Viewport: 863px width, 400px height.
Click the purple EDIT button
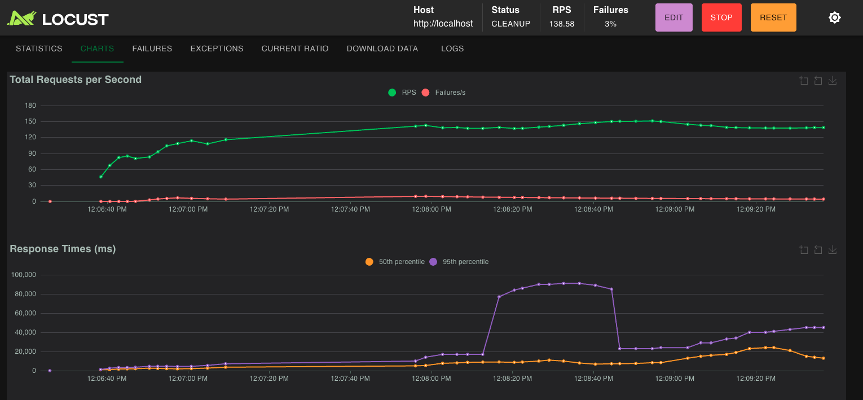click(x=673, y=17)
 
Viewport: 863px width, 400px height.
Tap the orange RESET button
click(x=773, y=17)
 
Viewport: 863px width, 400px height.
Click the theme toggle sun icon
click(x=835, y=17)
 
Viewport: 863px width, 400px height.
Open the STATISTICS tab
click(x=39, y=49)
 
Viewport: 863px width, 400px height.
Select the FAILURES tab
click(x=152, y=49)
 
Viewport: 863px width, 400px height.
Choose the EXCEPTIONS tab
click(x=217, y=49)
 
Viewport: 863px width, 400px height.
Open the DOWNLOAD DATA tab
click(x=382, y=49)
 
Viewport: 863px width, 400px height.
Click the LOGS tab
click(x=452, y=49)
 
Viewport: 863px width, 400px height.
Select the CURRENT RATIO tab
click(x=295, y=49)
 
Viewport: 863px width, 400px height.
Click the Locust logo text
click(x=75, y=19)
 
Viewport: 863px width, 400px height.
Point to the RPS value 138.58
click(x=561, y=24)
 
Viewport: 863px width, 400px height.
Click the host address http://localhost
click(x=443, y=24)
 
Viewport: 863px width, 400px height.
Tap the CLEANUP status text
click(x=510, y=24)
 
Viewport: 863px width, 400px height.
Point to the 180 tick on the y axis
click(x=30, y=106)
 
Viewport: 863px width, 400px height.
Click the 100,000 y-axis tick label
click(x=24, y=275)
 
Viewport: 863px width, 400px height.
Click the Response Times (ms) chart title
click(x=63, y=249)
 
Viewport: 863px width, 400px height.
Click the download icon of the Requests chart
click(x=832, y=81)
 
